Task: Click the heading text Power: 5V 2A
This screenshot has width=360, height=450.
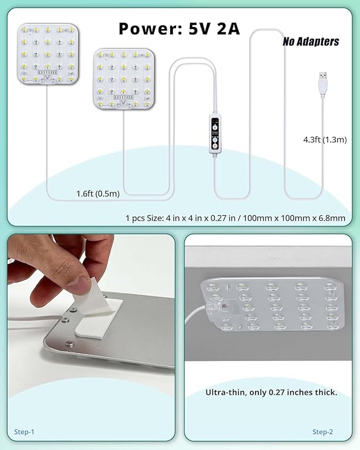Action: pos(179,28)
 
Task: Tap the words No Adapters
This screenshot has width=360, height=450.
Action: pos(311,41)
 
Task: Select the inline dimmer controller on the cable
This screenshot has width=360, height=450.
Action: pos(215,135)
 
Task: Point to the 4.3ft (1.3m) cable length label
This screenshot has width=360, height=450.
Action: pos(324,140)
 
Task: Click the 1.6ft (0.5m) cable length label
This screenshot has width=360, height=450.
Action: pos(98,193)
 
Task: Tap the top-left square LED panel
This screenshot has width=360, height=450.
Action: pos(48,53)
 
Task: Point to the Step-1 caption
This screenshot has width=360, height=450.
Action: pos(24,432)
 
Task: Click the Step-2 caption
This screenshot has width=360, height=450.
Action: pos(322,432)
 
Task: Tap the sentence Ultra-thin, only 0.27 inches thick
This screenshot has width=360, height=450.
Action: pos(271,393)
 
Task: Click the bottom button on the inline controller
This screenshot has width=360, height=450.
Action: pos(215,144)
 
